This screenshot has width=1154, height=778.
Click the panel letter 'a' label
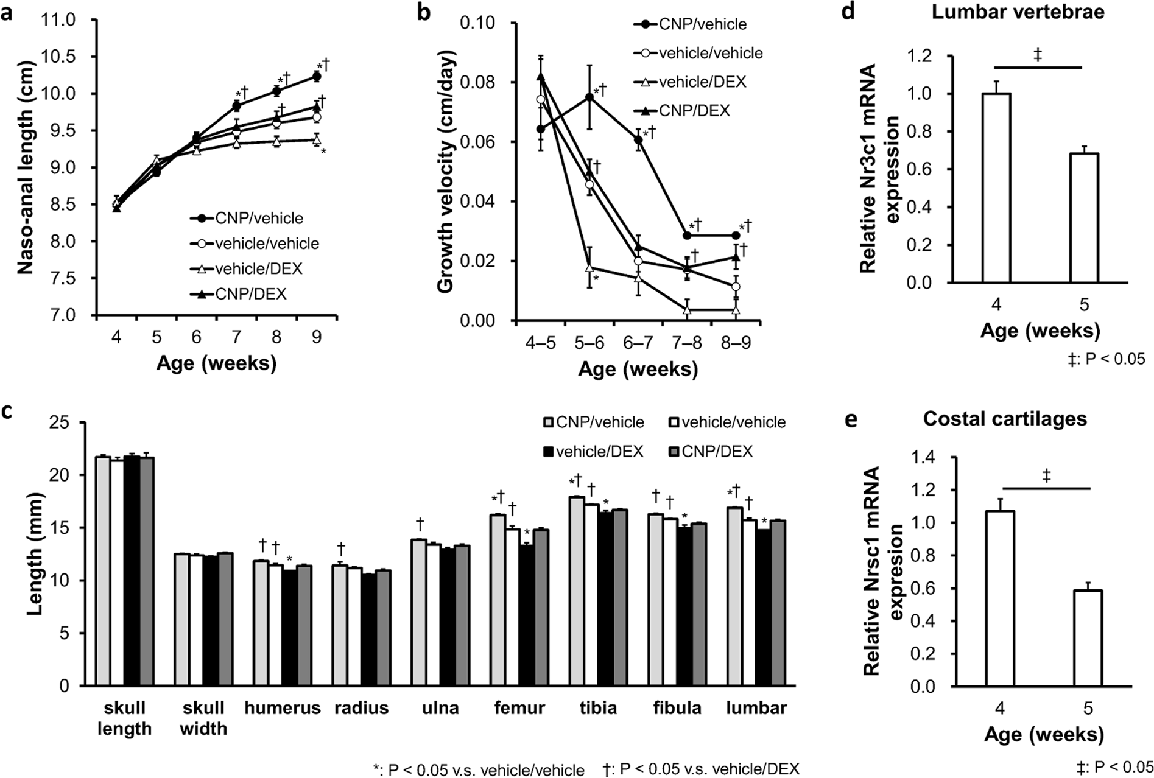[x=8, y=12]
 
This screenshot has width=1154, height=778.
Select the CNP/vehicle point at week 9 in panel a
[x=316, y=77]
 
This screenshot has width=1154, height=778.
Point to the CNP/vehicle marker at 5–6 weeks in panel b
[x=589, y=97]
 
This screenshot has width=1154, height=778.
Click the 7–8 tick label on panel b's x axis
[x=686, y=343]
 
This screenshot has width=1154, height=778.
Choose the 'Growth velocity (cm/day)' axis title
[x=446, y=172]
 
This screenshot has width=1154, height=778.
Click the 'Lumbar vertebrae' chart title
[x=1018, y=12]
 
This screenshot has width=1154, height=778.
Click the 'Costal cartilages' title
[x=1005, y=419]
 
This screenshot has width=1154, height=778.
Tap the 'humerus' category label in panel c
[x=283, y=708]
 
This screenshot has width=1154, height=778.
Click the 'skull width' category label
[x=203, y=718]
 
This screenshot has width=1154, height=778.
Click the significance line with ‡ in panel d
[x=1038, y=67]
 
